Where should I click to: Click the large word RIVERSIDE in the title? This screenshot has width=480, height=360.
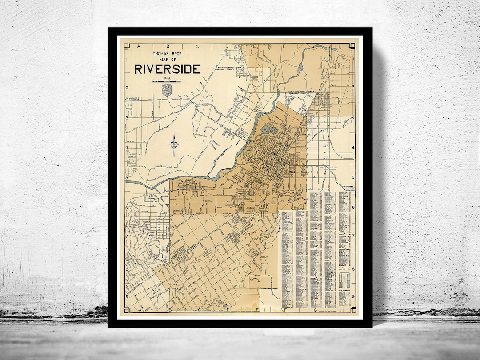[167, 69]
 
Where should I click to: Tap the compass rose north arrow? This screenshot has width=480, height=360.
[174, 144]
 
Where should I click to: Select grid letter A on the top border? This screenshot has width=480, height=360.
[138, 46]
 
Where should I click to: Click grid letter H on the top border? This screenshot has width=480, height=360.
[340, 46]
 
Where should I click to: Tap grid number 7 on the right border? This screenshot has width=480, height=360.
[354, 237]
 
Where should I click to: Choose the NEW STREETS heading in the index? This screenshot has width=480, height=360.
[344, 290]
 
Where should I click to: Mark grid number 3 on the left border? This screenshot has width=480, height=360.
[126, 118]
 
